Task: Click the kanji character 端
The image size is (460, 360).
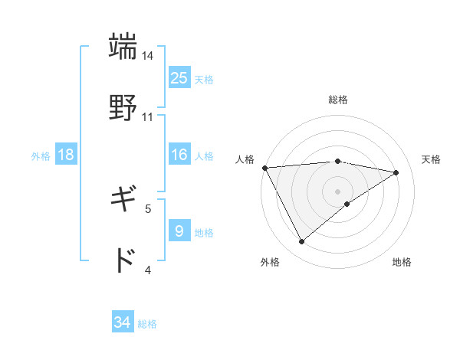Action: [123, 46]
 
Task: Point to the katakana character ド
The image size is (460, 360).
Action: [123, 260]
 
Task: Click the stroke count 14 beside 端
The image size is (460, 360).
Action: [148, 56]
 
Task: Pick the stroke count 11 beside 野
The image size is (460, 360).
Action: [148, 116]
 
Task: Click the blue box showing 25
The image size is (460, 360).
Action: [179, 77]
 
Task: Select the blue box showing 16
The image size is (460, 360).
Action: [179, 155]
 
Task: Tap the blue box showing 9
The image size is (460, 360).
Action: [179, 231]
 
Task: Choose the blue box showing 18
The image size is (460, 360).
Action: [66, 155]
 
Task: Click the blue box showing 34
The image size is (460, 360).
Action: [123, 322]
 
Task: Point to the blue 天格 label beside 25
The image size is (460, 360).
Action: [204, 79]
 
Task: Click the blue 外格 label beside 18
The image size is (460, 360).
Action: [41, 155]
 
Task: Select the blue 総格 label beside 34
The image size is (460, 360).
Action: [147, 324]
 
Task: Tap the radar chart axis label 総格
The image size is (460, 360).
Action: [338, 100]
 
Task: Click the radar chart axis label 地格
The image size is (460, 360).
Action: [402, 263]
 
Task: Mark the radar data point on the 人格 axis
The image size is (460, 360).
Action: [264, 168]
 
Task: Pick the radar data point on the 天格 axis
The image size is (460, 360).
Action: [396, 172]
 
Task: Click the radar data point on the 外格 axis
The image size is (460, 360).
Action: [301, 242]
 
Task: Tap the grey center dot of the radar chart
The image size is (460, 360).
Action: [338, 191]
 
